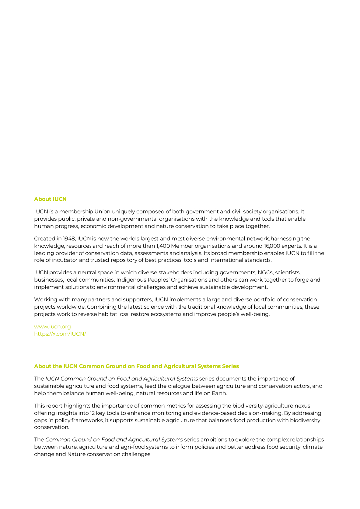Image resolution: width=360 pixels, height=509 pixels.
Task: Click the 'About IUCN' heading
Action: click(50, 199)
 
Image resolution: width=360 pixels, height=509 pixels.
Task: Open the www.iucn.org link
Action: click(52, 327)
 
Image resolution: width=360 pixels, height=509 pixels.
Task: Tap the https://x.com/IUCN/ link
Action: click(60, 334)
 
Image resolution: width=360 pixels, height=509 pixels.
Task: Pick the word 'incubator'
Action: click(59, 260)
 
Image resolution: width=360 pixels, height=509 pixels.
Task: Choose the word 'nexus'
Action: click(301, 406)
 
